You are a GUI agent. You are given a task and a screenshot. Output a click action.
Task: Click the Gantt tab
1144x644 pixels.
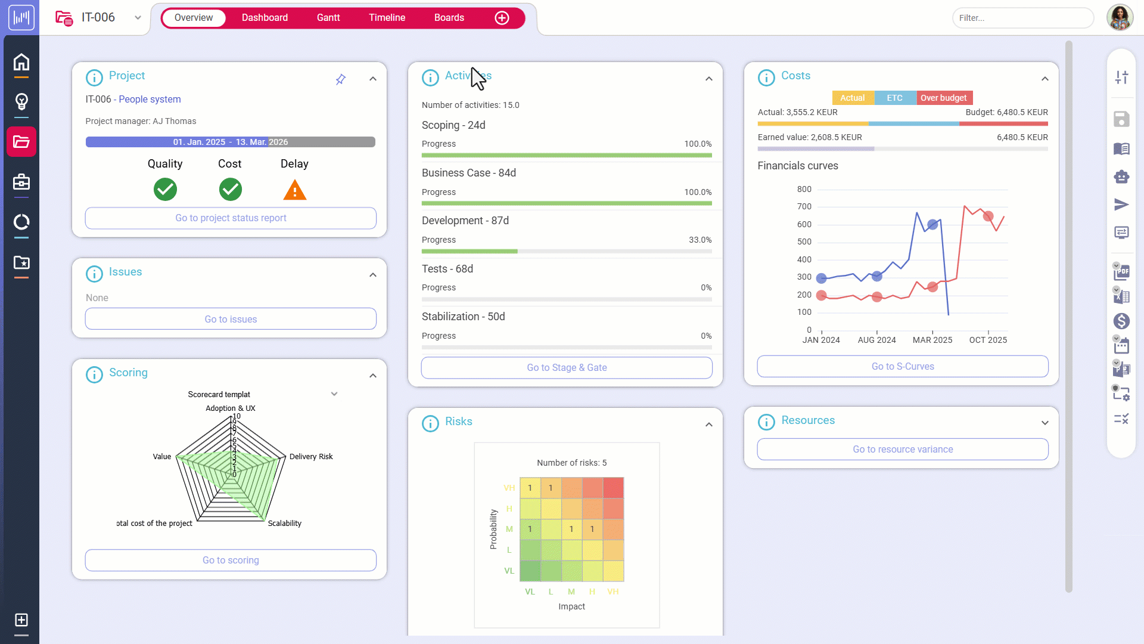tap(328, 18)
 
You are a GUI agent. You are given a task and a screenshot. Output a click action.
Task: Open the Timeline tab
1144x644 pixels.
tap(387, 18)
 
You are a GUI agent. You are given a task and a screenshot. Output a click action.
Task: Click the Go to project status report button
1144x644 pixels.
tap(231, 218)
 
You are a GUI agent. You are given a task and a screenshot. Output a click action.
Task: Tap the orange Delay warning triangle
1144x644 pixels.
tap(294, 190)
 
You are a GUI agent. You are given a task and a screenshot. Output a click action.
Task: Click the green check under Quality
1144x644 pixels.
tap(165, 190)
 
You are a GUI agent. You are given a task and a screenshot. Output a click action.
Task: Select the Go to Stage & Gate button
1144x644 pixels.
tap(566, 368)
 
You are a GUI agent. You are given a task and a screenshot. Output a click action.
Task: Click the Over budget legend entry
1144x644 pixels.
tap(943, 98)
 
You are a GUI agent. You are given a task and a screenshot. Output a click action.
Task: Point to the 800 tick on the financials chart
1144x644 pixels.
tap(804, 190)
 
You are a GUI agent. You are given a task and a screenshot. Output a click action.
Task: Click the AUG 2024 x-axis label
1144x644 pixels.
tap(876, 340)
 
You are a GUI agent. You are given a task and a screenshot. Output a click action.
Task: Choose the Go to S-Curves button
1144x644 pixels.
tap(902, 367)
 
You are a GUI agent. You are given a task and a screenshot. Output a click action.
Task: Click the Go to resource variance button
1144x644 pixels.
tap(902, 450)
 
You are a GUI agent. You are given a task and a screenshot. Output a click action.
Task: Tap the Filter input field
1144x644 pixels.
tap(1022, 18)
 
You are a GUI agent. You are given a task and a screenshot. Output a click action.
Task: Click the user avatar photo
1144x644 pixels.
tap(1120, 18)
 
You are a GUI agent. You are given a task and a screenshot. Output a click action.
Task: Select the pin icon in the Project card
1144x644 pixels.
tap(340, 79)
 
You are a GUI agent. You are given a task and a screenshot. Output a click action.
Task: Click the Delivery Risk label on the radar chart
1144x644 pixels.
tap(311, 457)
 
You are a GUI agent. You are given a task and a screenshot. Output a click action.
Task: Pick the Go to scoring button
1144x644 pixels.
tap(231, 561)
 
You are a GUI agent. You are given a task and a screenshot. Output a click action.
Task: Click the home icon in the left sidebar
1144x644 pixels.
tap(21, 62)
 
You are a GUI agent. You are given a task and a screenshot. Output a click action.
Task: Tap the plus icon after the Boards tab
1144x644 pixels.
tap(502, 18)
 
